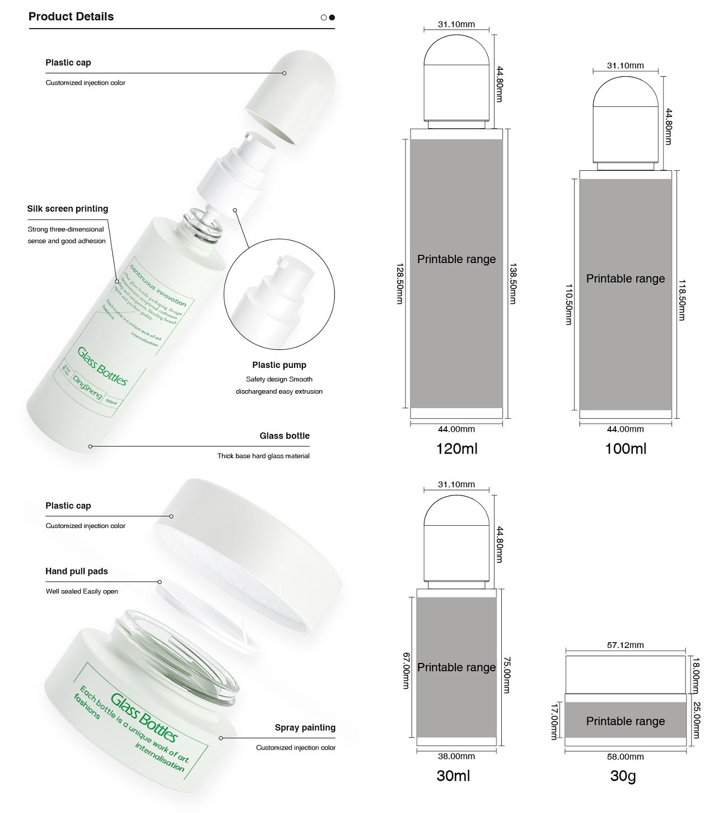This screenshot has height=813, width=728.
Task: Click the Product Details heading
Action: point(71,17)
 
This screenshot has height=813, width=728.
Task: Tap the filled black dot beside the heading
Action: point(332,17)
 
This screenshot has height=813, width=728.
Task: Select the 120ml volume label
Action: point(456,448)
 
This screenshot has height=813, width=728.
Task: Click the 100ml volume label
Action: point(626,448)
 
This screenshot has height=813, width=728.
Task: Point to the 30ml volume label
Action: point(453,775)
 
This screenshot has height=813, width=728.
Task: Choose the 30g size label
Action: point(623,775)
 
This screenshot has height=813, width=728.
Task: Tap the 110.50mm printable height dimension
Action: point(568,305)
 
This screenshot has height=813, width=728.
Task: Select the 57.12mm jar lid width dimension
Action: point(625,645)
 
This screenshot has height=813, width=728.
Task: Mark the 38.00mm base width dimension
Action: point(456,756)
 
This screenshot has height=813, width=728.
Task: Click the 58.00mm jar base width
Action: point(625,756)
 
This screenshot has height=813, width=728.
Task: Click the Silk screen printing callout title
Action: point(68,209)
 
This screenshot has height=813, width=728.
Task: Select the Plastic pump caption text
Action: point(279,365)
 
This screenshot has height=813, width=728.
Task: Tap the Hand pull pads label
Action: point(77,571)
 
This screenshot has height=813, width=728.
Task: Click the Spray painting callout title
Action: point(305,727)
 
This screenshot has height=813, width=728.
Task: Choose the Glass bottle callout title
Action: point(284,436)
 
